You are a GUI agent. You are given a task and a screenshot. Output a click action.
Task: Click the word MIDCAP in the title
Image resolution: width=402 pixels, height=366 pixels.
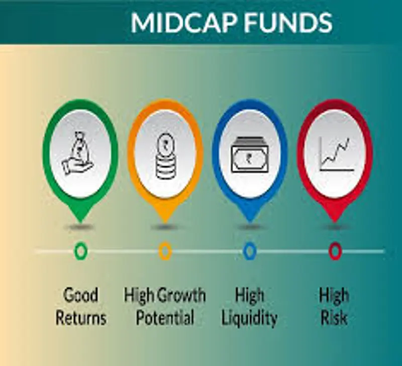[183, 23]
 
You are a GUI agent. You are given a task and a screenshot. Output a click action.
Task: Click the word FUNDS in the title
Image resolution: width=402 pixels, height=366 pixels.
[288, 23]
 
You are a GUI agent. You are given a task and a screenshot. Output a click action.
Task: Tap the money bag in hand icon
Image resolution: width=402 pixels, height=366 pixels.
[78, 154]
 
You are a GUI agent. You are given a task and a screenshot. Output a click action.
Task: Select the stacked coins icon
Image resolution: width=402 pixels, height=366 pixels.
[166, 156]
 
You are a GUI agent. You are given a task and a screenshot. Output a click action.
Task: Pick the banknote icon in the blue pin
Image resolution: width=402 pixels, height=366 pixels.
[250, 155]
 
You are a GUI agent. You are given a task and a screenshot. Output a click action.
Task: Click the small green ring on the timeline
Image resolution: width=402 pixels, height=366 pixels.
[80, 251]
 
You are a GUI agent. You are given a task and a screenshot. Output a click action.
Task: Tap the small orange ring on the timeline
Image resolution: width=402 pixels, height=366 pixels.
[165, 251]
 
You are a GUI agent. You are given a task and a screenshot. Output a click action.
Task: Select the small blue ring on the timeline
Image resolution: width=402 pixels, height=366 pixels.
[250, 251]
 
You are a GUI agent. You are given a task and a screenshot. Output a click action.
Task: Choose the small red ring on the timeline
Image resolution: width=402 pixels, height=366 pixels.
[335, 251]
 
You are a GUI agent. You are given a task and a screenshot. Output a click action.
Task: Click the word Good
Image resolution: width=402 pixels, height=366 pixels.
[80, 295]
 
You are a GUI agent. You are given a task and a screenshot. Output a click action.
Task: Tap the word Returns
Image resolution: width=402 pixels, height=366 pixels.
[81, 318]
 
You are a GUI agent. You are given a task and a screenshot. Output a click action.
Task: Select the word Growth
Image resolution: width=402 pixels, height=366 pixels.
[181, 295]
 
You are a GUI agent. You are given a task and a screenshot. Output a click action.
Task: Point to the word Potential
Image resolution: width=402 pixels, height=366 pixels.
[165, 318]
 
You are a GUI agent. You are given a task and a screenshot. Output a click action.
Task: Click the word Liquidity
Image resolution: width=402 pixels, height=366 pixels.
[249, 319]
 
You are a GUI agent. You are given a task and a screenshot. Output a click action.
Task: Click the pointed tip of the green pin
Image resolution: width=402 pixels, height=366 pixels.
[80, 222]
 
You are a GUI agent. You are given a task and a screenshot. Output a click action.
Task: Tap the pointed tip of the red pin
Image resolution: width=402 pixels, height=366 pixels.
[335, 222]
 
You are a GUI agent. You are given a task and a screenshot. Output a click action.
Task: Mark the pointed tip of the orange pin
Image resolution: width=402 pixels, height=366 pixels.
[165, 222]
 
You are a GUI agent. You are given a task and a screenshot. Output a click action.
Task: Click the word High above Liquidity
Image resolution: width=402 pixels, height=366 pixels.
[249, 296]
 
